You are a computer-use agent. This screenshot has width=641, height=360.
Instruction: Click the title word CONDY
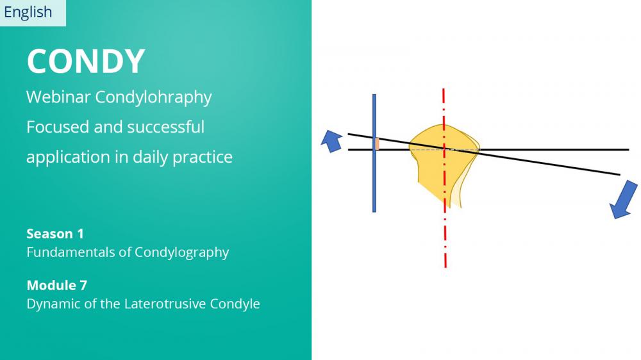pyautogui.click(x=86, y=61)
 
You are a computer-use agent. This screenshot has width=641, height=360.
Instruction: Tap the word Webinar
pyautogui.click(x=58, y=97)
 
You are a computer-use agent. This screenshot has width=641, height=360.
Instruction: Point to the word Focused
pyautogui.click(x=58, y=127)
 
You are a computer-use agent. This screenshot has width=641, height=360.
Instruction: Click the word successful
pyautogui.click(x=166, y=127)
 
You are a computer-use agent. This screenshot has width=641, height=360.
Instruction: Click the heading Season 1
pyautogui.click(x=55, y=234)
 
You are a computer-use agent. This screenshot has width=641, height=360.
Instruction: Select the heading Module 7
pyautogui.click(x=57, y=285)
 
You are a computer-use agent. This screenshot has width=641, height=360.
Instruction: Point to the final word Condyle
pyautogui.click(x=235, y=304)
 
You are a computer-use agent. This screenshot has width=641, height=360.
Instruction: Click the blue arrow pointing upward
pyautogui.click(x=332, y=141)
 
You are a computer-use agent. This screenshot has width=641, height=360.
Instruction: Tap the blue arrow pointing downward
pyautogui.click(x=624, y=200)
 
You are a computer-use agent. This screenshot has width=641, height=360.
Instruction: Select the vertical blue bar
pyautogui.click(x=374, y=153)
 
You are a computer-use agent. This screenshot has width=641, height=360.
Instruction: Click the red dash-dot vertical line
pyautogui.click(x=444, y=178)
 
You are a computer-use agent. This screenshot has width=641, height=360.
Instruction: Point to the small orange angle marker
pyautogui.click(x=378, y=144)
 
